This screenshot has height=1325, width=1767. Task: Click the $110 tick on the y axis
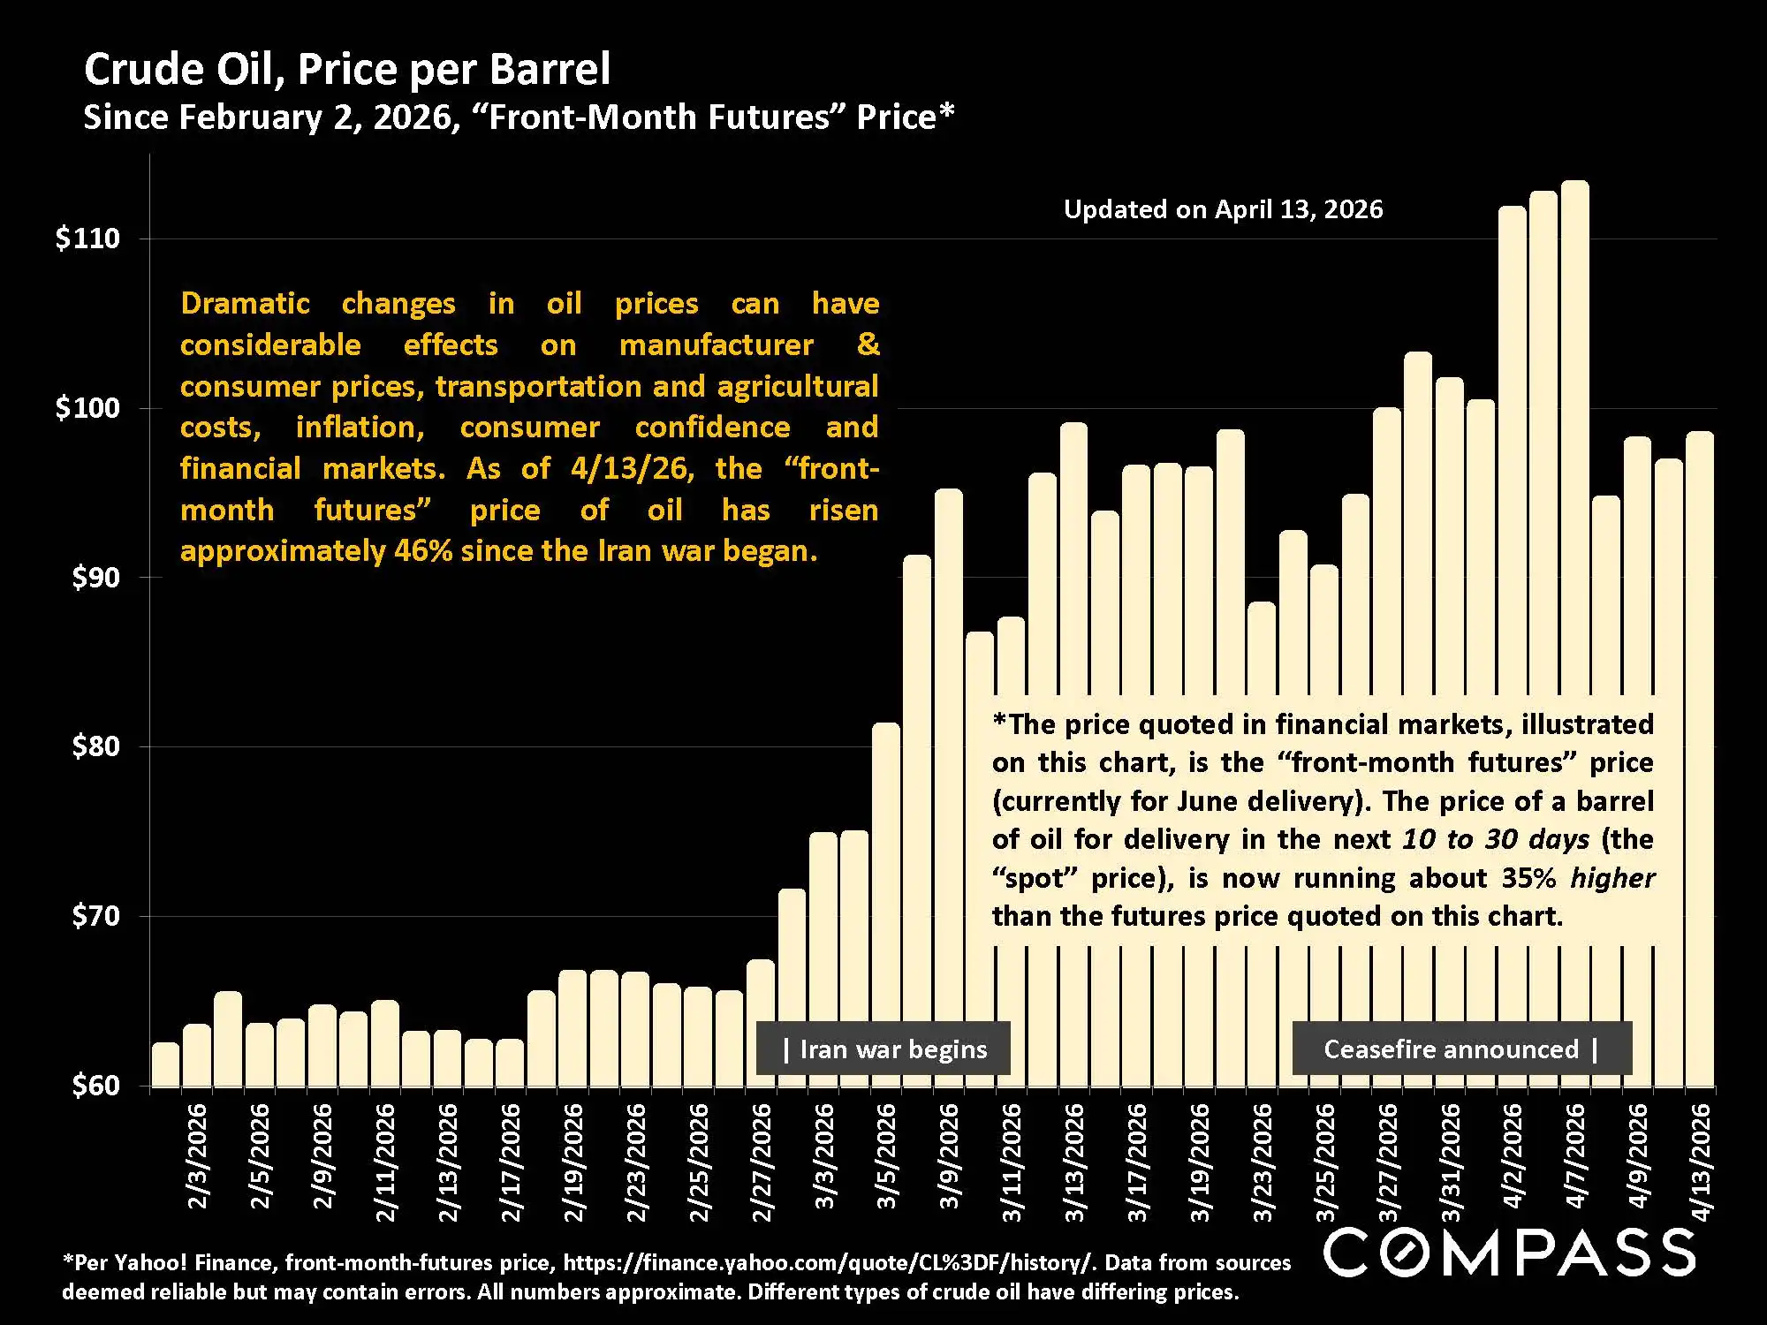[87, 238]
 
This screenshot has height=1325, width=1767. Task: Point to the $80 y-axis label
[95, 746]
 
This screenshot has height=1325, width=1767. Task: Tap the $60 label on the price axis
[95, 1085]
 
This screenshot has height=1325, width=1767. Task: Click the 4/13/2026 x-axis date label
[1701, 1162]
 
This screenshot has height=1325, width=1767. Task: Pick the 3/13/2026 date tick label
[1074, 1162]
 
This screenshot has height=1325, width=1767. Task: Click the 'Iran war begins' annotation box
[883, 1049]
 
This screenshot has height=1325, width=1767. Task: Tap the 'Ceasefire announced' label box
[1461, 1049]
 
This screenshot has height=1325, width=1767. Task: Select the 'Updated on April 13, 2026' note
[1223, 209]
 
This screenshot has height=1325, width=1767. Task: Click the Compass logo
[1509, 1252]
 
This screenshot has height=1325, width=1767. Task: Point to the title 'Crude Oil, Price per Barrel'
[347, 69]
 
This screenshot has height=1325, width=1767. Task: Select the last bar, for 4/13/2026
[1699, 760]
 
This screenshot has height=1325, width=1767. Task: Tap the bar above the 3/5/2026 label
[886, 901]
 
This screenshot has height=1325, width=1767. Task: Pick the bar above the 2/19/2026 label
[573, 1029]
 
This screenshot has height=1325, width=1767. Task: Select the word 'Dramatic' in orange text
[245, 304]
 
